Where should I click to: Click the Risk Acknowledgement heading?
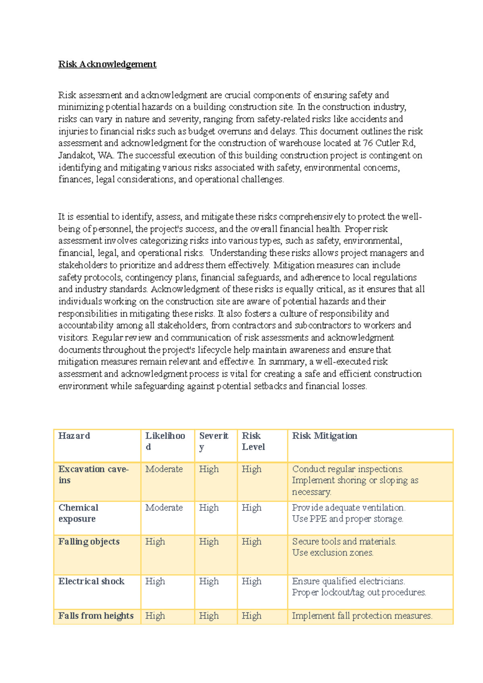point(107,64)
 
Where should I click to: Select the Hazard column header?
point(74,436)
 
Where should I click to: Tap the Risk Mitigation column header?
point(324,436)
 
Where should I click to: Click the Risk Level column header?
point(253,441)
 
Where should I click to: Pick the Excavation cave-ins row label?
point(93,474)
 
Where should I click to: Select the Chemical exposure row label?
point(78,513)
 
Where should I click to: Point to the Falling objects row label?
point(89,541)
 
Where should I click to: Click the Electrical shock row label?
point(91,581)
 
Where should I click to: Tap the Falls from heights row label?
point(96,616)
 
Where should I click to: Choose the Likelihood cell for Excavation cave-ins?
point(164,469)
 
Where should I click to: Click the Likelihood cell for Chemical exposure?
point(164,508)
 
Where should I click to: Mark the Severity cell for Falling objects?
point(209,541)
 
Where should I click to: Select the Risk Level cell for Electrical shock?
point(252,581)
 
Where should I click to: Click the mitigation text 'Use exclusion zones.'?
point(332,553)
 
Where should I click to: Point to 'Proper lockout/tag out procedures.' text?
point(359,592)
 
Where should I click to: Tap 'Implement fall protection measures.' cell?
point(362,616)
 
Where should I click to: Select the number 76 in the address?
point(368,143)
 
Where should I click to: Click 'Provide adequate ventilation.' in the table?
point(349,508)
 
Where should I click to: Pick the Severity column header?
point(213,441)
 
